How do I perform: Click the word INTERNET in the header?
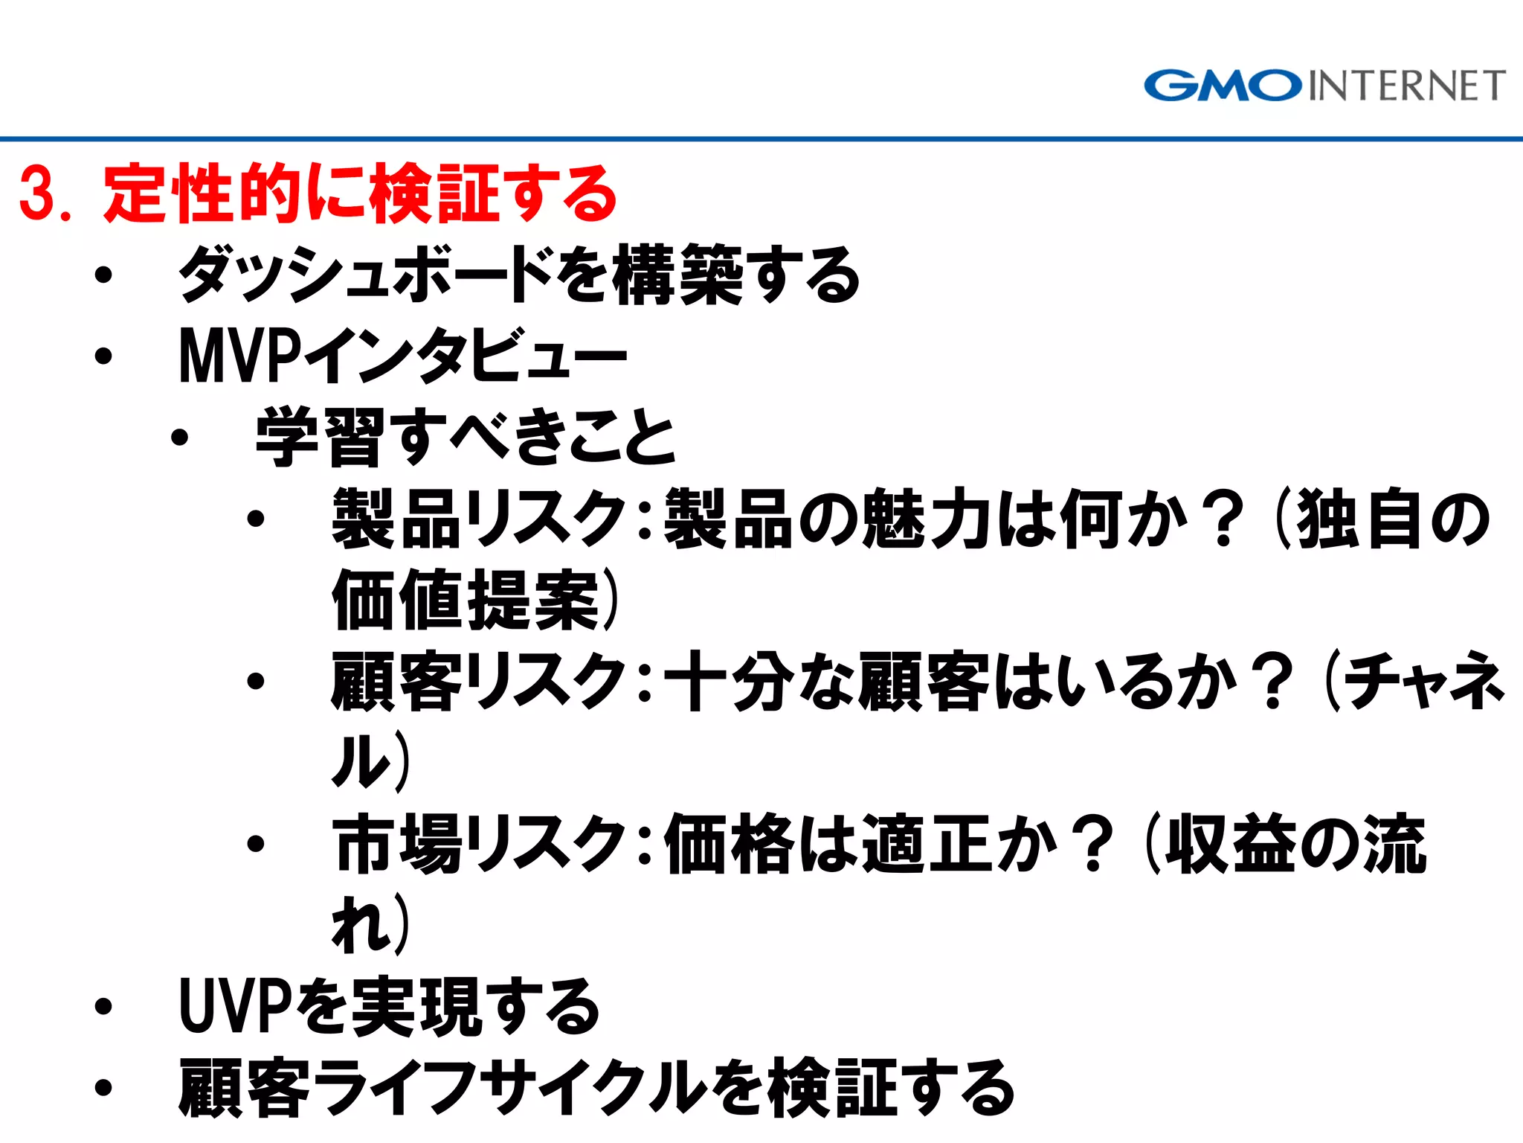coord(1406,86)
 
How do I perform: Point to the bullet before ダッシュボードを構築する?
coord(103,275)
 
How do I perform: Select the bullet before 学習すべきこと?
coord(179,438)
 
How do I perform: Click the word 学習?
coord(321,438)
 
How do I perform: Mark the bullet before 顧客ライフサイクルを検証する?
coord(103,1088)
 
